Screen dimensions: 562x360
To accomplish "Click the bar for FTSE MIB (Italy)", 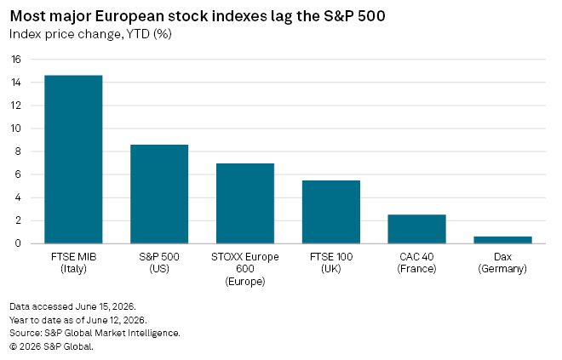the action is click(x=73, y=159).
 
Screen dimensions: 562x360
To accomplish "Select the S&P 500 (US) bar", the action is click(x=159, y=194).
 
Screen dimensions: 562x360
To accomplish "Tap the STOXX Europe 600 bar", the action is click(x=245, y=203).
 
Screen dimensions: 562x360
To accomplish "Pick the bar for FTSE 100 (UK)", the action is click(x=331, y=212).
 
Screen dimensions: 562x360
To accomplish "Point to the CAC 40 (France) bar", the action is click(x=417, y=229).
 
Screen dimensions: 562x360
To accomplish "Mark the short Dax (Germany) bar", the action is click(x=503, y=240).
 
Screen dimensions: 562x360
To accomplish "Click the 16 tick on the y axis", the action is click(x=16, y=60).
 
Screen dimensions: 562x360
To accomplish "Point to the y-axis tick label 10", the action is click(x=16, y=129).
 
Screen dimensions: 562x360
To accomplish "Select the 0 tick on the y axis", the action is click(x=18, y=243).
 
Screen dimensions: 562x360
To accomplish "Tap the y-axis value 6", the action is click(x=18, y=174).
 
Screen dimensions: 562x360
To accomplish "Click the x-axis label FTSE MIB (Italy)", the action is click(x=74, y=263).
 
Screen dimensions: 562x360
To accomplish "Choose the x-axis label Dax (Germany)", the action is click(x=502, y=263).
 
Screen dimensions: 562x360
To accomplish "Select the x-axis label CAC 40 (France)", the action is click(x=417, y=263).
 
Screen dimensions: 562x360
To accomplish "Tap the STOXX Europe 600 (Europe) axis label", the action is click(x=245, y=269).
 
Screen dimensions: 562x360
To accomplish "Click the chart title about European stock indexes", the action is click(x=198, y=16).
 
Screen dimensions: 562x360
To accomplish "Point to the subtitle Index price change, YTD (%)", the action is click(x=90, y=34).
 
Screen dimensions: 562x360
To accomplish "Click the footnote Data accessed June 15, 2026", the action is click(x=72, y=307).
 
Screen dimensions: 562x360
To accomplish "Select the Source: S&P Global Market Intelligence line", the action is click(x=95, y=333).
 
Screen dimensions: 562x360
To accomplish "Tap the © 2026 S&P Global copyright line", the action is click(x=52, y=346).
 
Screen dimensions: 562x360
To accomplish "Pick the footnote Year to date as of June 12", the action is click(x=78, y=320).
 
